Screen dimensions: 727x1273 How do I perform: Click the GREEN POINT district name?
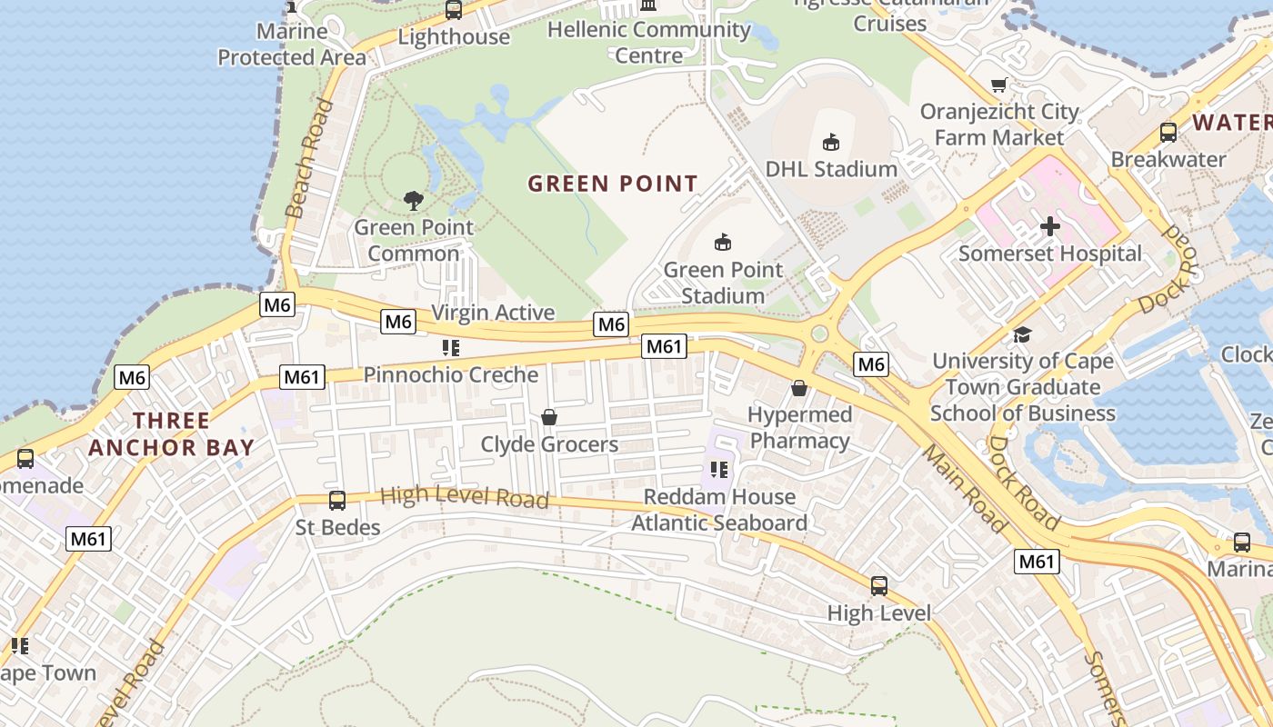pyautogui.click(x=613, y=184)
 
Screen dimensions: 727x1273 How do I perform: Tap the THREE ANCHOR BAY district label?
pyautogui.click(x=171, y=433)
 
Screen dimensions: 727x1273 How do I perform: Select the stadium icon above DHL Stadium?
pyautogui.click(x=830, y=142)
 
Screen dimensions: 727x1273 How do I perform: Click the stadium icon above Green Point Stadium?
pyautogui.click(x=723, y=242)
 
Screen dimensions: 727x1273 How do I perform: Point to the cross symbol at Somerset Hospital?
pyautogui.click(x=1050, y=226)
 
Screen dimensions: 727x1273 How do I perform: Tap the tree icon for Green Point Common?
pyautogui.click(x=414, y=200)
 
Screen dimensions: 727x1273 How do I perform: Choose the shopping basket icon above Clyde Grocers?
pyautogui.click(x=549, y=417)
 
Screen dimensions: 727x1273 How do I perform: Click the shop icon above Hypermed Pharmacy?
pyautogui.click(x=799, y=388)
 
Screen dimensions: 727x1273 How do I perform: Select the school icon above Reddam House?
pyautogui.click(x=719, y=470)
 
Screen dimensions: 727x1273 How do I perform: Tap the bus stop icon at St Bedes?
pyautogui.click(x=337, y=500)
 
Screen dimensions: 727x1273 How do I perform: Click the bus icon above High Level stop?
pyautogui.click(x=879, y=586)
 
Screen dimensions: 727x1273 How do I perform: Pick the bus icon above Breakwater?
pyautogui.click(x=1168, y=133)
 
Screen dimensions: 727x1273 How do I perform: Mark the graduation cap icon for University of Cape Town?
pyautogui.click(x=1022, y=334)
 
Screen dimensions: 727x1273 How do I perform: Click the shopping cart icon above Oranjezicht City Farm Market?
pyautogui.click(x=998, y=85)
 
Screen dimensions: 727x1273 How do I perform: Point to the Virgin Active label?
pyautogui.click(x=492, y=313)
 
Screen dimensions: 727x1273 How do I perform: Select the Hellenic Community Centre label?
pyautogui.click(x=649, y=42)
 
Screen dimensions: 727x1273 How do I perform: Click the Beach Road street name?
pyautogui.click(x=308, y=159)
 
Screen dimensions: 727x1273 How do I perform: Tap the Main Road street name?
pyautogui.click(x=965, y=488)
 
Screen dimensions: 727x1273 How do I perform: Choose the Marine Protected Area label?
pyautogui.click(x=291, y=45)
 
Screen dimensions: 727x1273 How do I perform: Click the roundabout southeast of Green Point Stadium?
pyautogui.click(x=819, y=334)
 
